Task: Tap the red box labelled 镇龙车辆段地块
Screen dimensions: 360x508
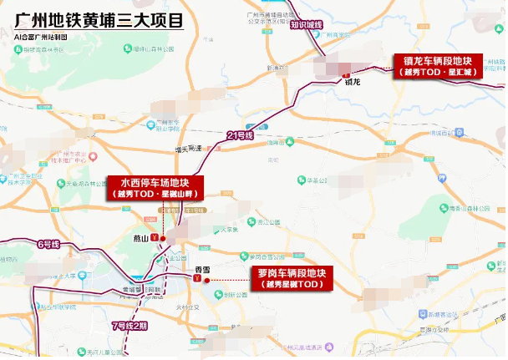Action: [x=439, y=65]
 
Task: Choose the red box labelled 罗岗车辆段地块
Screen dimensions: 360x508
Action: [x=292, y=279]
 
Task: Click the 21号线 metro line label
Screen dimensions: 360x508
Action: [x=238, y=134]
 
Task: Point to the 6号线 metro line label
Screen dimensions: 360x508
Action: [x=48, y=244]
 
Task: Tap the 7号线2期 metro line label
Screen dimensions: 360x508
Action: [x=129, y=326]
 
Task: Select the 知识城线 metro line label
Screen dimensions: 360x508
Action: [x=306, y=25]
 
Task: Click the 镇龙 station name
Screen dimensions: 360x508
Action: [x=352, y=82]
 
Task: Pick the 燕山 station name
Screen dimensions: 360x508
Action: [x=140, y=239]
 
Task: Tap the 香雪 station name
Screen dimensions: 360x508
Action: [x=201, y=269]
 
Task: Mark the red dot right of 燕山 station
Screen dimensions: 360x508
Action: [x=163, y=240]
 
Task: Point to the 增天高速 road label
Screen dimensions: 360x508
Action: [x=188, y=149]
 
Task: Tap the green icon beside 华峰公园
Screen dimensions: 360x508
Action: [x=300, y=178]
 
